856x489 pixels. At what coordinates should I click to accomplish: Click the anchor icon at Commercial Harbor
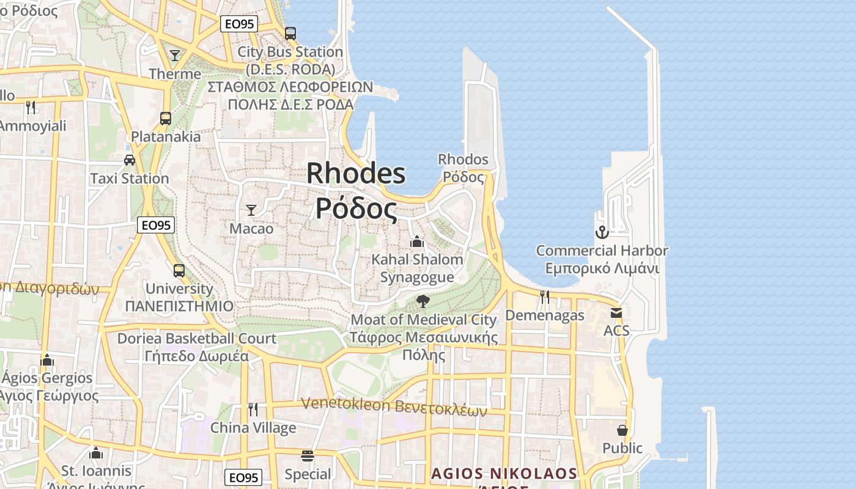coord(602,232)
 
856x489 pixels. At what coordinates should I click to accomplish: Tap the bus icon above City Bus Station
coord(290,33)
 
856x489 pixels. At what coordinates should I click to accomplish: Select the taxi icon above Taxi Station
coord(130,160)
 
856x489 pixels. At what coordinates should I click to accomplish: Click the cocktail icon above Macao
coord(251,210)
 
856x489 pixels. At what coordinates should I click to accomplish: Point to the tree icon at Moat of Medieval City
coord(422,301)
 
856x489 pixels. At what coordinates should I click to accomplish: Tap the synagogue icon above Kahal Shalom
coord(417,241)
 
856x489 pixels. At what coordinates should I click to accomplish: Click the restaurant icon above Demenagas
coord(545,297)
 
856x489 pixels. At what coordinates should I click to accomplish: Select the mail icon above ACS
coord(616,312)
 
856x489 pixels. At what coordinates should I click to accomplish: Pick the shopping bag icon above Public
coord(622,430)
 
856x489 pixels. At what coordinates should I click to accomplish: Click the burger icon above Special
coord(308,456)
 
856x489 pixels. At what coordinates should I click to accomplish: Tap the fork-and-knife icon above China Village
coord(253,409)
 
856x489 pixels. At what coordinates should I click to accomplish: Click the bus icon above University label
coord(179,270)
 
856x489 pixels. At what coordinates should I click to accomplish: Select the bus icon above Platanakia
coord(166,118)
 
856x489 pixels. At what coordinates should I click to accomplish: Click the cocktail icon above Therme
coord(175,56)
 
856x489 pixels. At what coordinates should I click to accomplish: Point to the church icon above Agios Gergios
coord(47,360)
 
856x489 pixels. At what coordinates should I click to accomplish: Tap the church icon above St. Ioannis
coord(96,453)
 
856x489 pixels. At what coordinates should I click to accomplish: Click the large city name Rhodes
coord(356,173)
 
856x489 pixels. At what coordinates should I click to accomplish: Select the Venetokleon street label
coord(394,406)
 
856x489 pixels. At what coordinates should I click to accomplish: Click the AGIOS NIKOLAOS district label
coord(504,474)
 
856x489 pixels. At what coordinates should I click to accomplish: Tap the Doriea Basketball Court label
coord(197,338)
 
